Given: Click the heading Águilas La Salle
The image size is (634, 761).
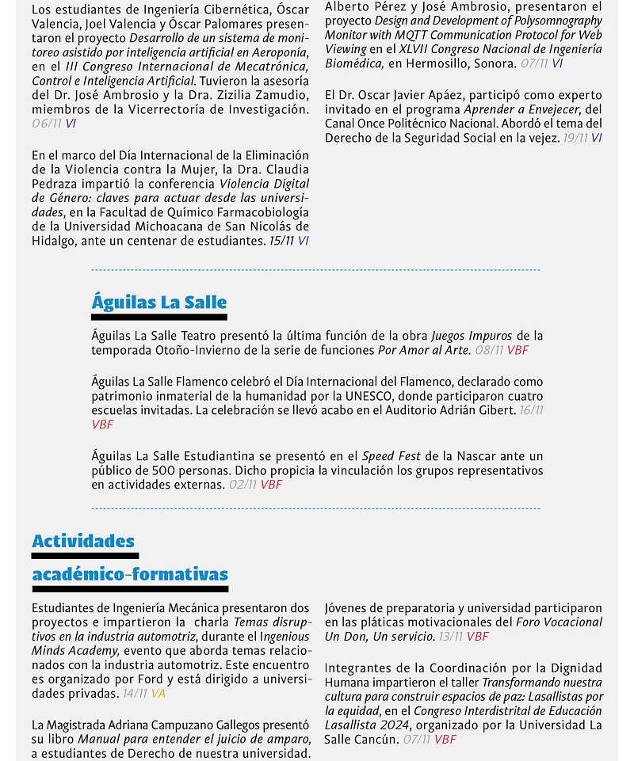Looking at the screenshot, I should [158, 302].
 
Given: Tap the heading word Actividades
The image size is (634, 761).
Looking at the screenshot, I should [83, 541].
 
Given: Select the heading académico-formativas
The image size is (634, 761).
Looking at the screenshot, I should [130, 574].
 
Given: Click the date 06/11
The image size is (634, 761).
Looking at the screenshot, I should [47, 124].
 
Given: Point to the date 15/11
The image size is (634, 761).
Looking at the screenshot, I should [281, 241].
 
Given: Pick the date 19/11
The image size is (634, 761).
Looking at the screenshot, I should [575, 138].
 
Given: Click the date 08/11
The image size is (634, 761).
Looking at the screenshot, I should [489, 350].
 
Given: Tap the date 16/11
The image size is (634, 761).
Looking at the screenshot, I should [532, 410].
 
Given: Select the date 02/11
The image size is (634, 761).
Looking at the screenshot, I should [243, 485].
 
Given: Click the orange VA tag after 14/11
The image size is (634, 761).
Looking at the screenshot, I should [158, 694].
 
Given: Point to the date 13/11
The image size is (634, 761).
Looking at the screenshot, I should [450, 637].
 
